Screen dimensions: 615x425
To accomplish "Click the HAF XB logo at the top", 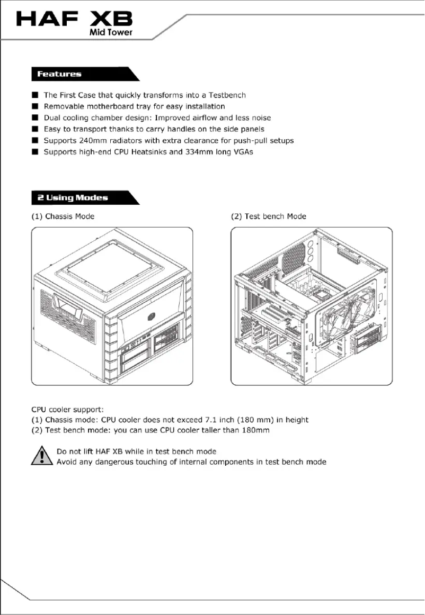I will pos(74,20).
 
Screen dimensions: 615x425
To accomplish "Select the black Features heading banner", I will pos(79,74).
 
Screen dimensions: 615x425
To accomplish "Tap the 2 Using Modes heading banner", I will pos(79,197).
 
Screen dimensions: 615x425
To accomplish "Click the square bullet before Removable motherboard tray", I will pos(34,106).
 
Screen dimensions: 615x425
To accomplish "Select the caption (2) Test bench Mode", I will pos(269,216).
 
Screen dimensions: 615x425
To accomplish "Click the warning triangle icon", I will pos(41,456).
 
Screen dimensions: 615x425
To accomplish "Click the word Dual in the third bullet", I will pos(52,117).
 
